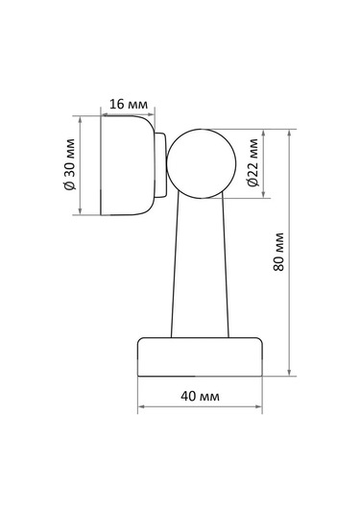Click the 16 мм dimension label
click(129, 105)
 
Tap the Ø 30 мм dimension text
click(70, 164)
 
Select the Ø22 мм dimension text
click(252, 162)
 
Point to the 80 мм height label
click(278, 252)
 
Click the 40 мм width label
click(200, 396)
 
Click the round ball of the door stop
click(202, 163)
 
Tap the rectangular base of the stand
click(200, 357)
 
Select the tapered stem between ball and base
click(200, 265)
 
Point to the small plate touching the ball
click(160, 165)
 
